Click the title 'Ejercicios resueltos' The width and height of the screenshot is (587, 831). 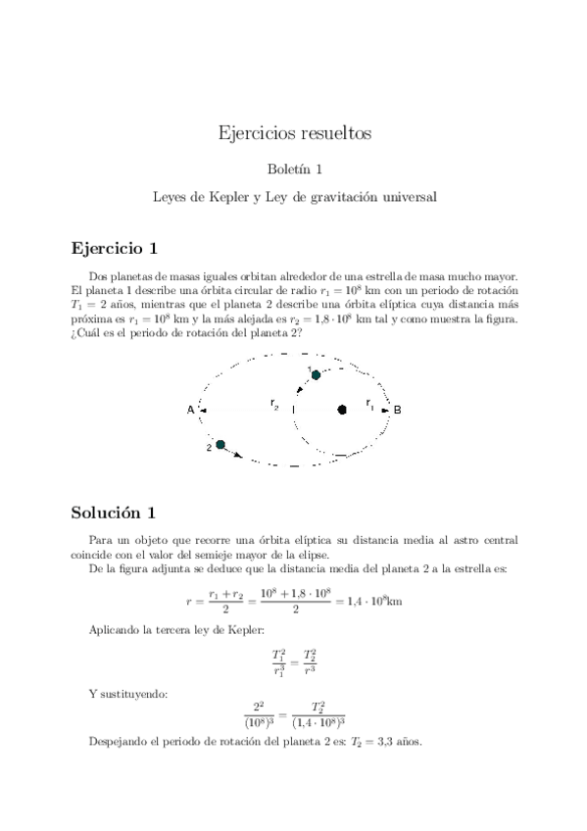[x=293, y=133]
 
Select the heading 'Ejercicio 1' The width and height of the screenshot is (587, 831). [x=113, y=246]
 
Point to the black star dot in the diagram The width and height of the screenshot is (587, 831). [x=342, y=410]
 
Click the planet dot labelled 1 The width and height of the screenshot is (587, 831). [x=316, y=374]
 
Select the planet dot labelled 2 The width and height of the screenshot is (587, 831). [x=221, y=445]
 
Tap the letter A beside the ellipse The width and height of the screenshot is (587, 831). [x=190, y=411]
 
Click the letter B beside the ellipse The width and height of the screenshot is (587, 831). [x=398, y=411]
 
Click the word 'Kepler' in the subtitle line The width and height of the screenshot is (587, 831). [x=229, y=196]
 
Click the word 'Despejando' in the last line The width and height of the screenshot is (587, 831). [x=116, y=742]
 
